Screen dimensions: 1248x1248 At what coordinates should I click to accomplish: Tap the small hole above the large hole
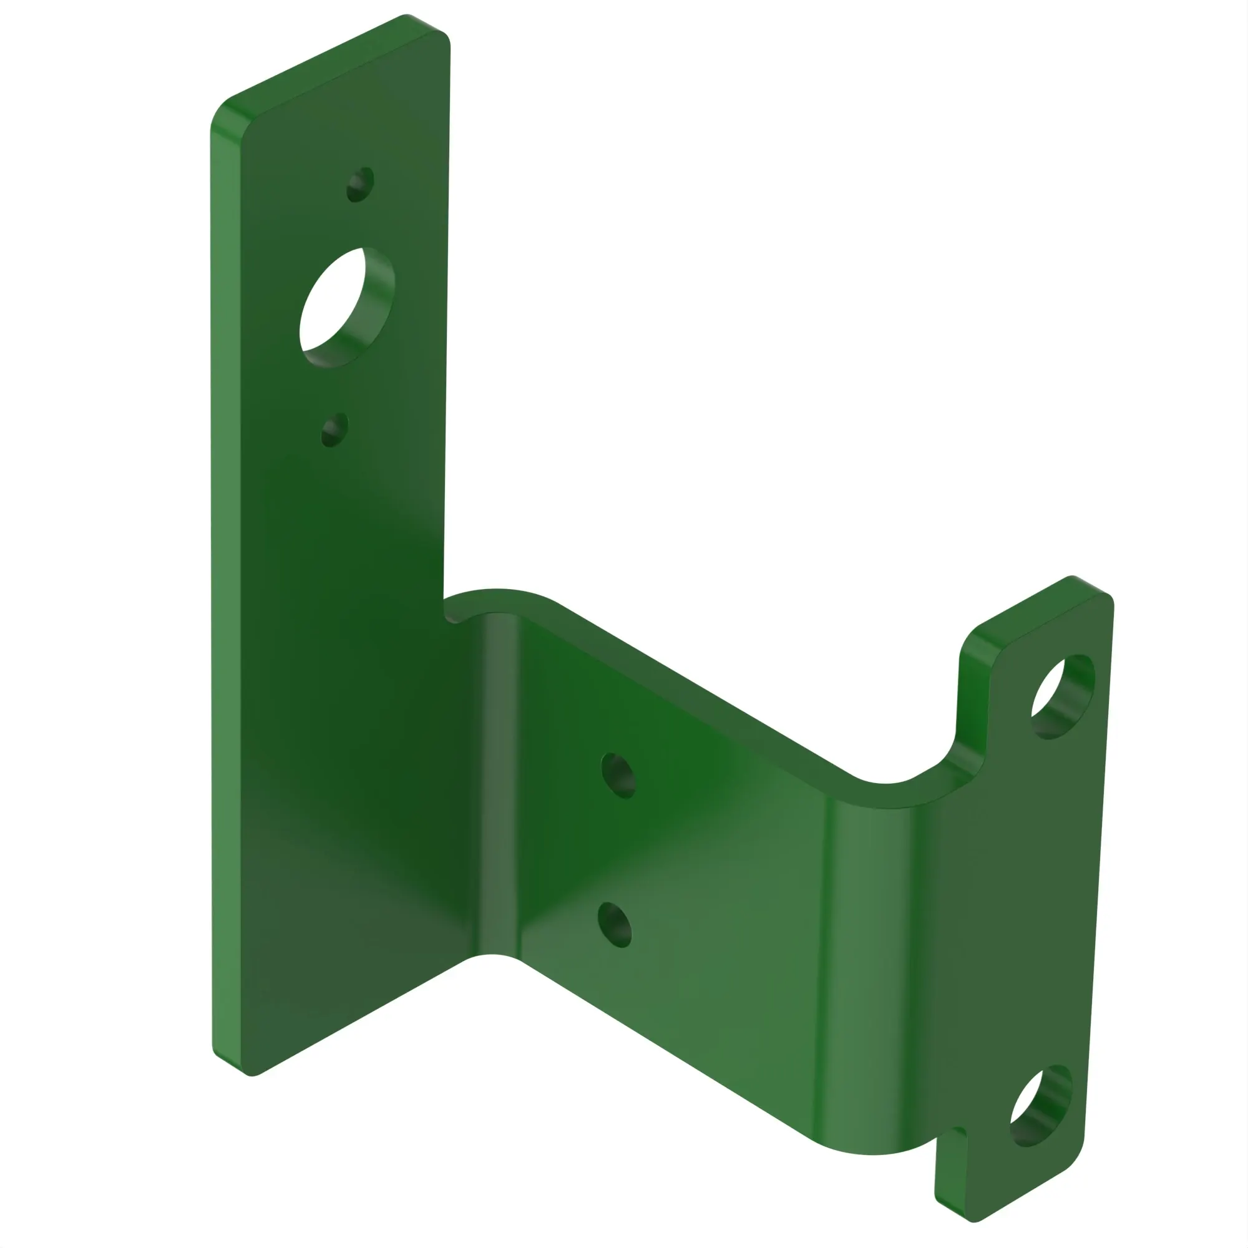360,185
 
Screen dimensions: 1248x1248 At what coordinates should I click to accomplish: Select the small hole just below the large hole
334,429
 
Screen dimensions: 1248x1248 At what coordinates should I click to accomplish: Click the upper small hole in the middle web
618,776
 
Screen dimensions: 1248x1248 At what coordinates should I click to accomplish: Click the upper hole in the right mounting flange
1062,698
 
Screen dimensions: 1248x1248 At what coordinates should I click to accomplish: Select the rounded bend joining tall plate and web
497,775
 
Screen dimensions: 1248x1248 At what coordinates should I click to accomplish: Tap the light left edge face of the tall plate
226,582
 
